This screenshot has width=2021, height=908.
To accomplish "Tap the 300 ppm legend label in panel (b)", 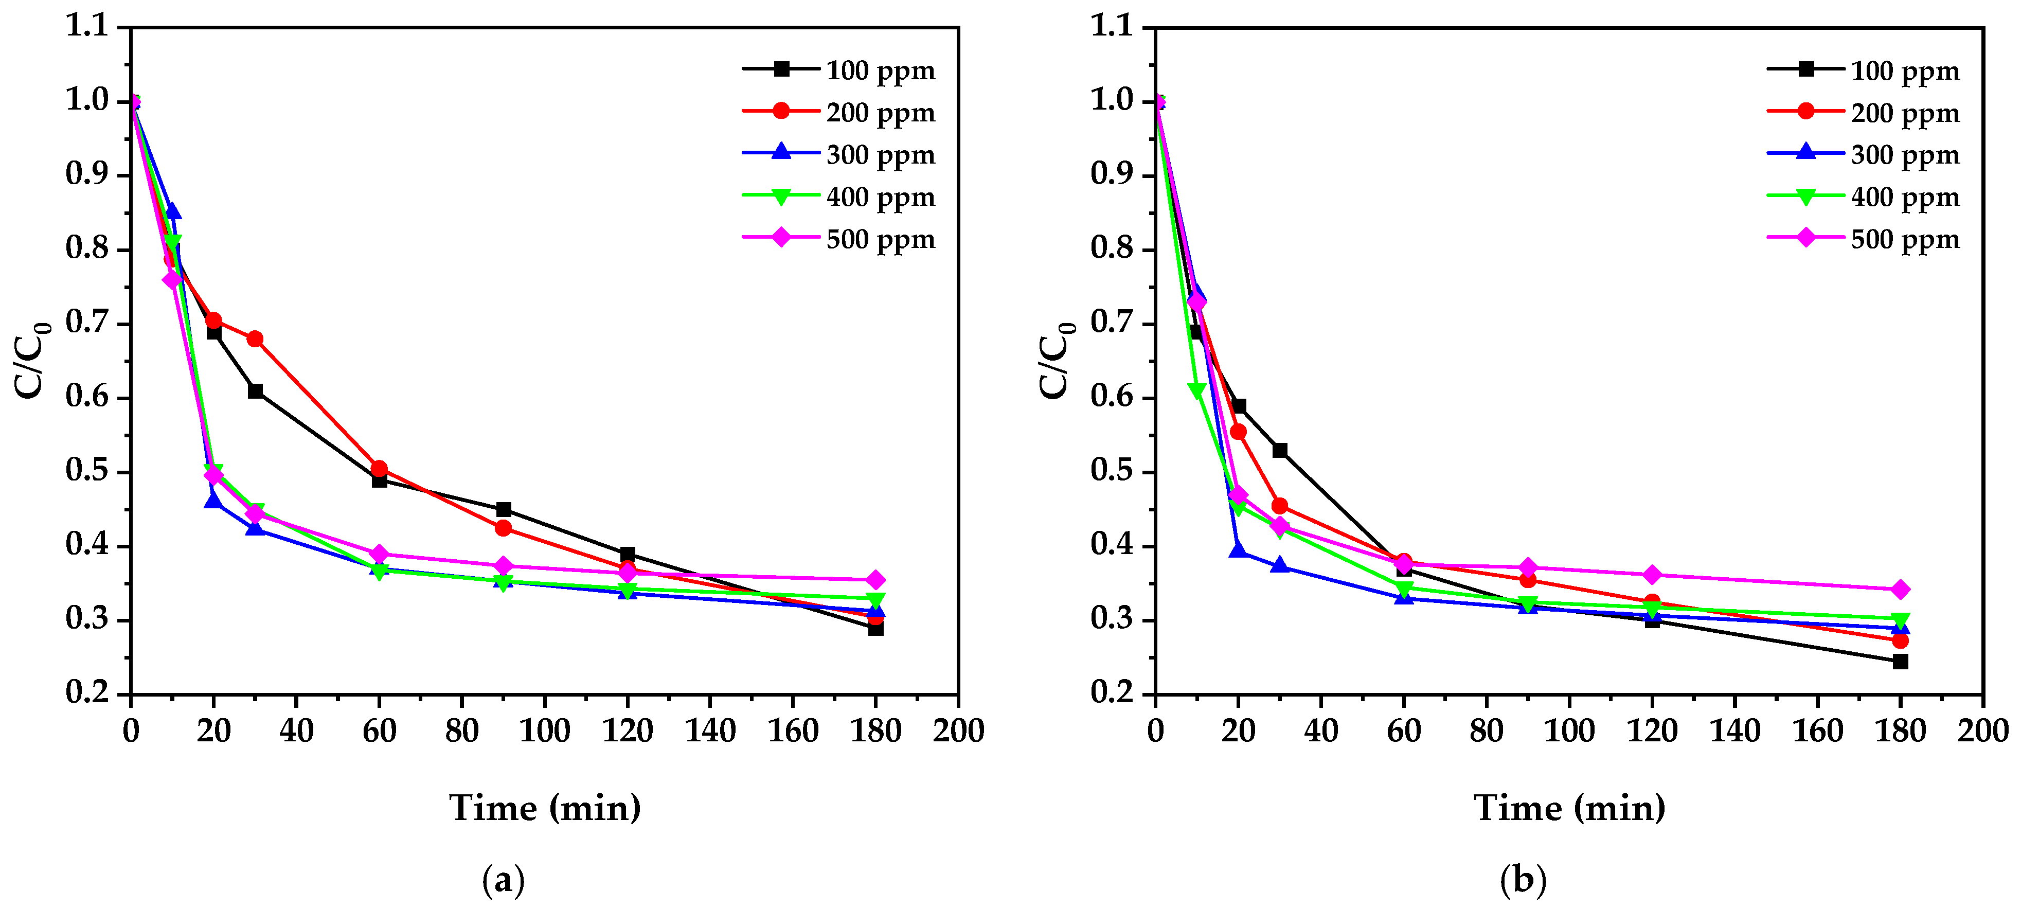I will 1904,155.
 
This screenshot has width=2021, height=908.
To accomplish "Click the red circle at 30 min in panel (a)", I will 255,339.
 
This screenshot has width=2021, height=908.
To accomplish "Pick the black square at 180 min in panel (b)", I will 1900,662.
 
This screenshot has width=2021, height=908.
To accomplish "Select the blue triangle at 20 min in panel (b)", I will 1238,550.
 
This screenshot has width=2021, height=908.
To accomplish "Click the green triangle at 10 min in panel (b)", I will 1196,390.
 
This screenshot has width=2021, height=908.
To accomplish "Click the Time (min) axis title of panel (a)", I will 545,808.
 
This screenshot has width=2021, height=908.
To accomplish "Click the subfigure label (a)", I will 503,880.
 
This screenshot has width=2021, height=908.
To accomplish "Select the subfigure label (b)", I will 1523,880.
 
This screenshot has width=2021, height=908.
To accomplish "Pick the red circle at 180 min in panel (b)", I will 1900,640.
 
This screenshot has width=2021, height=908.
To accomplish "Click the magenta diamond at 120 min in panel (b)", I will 1652,575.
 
